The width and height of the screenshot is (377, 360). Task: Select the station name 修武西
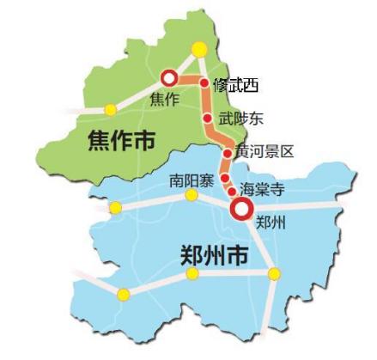[235, 85]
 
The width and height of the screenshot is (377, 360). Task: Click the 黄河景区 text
[265, 152]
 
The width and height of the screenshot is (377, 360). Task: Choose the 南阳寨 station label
[190, 181]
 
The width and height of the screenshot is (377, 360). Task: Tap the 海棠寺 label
[262, 189]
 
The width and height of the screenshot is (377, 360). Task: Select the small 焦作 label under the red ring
[164, 98]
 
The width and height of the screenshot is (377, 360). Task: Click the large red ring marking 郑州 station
[242, 207]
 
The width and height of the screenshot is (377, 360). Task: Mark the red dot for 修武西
[204, 83]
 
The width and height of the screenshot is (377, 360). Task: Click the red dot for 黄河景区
[227, 153]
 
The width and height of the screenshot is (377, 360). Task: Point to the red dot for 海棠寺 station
[231, 191]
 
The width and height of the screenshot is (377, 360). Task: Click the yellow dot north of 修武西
[198, 48]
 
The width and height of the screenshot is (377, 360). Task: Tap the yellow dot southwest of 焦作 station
[110, 109]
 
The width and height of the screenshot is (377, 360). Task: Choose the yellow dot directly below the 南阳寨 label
[192, 198]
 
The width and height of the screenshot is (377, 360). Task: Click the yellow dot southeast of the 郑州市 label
[274, 274]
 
